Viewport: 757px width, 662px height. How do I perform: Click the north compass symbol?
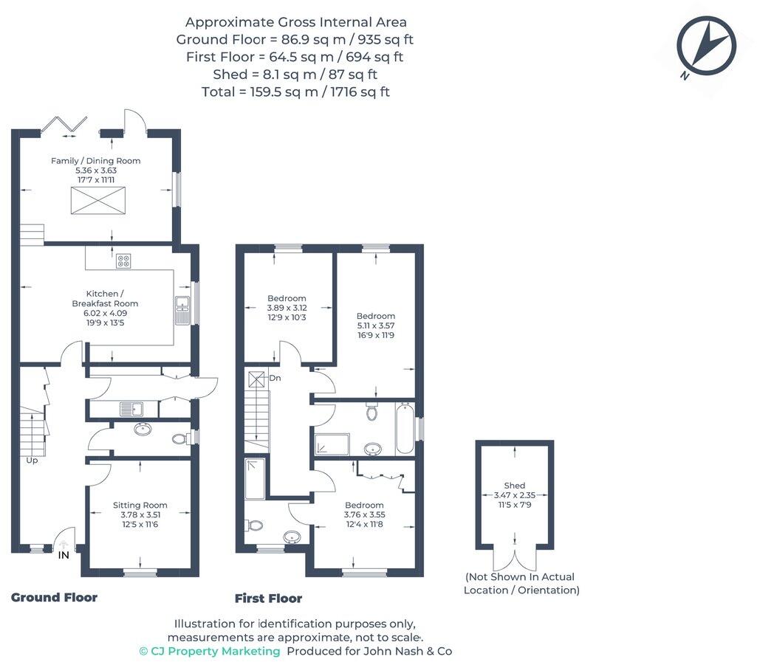(706, 46)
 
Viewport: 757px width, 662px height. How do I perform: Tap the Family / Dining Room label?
(95, 161)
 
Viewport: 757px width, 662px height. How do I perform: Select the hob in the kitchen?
(123, 261)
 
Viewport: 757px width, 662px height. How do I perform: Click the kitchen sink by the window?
(182, 310)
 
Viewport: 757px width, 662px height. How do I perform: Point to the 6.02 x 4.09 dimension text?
(106, 313)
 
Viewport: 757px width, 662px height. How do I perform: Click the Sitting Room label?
(140, 506)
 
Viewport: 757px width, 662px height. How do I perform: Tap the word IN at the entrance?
(64, 556)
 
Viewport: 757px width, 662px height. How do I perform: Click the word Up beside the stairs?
(32, 461)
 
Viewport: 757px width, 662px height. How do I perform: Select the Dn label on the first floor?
(275, 378)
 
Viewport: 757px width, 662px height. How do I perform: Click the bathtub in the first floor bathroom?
(405, 429)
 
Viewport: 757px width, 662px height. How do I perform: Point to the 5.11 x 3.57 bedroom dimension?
(376, 325)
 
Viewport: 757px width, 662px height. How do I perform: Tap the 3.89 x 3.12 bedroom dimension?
(287, 308)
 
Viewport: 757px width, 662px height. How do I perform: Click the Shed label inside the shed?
(515, 486)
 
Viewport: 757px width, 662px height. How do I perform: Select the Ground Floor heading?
(54, 597)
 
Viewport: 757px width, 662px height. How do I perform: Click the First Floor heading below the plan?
(268, 599)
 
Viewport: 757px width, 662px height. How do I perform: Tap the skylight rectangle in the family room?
(98, 200)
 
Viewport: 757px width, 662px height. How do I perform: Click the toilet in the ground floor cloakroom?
(179, 439)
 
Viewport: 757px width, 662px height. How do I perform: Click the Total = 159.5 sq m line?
(295, 92)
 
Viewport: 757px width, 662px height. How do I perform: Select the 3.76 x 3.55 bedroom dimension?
(365, 515)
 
